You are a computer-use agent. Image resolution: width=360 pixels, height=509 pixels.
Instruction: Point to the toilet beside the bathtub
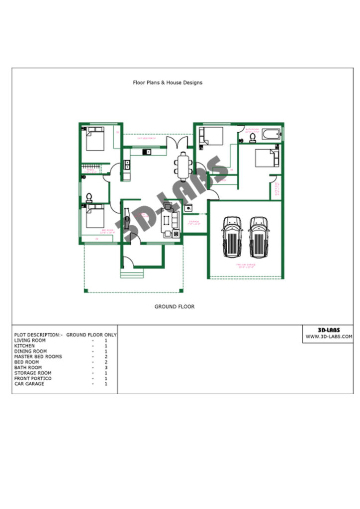tap(252, 136)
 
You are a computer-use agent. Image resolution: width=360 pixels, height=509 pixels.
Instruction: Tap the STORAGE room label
tap(194, 221)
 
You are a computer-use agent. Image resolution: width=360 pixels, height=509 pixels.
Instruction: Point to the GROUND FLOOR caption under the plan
tap(175, 307)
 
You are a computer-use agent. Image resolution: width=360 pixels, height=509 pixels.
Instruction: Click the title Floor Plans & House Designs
tap(168, 83)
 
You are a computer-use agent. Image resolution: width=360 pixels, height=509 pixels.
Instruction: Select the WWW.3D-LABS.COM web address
tap(329, 337)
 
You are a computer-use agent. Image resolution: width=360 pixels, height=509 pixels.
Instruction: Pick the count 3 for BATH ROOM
tap(106, 367)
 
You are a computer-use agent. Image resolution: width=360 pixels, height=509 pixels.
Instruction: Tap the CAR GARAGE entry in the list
tap(29, 384)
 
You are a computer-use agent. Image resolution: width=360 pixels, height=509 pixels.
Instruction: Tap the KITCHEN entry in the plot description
tap(25, 345)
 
